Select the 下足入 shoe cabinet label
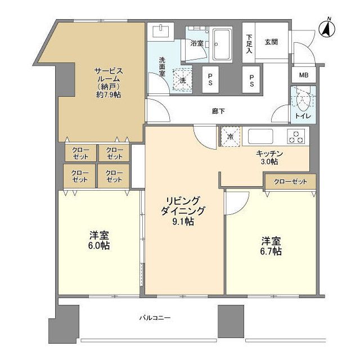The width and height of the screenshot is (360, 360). pyautogui.click(x=249, y=44)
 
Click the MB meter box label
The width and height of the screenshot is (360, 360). pyautogui.click(x=303, y=75)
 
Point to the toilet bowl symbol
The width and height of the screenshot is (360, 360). pyautogui.click(x=303, y=101)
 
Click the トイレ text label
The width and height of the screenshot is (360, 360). pyautogui.click(x=303, y=116)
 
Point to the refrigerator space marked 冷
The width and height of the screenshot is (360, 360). pyautogui.click(x=230, y=137)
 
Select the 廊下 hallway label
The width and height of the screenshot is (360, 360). pyautogui.click(x=218, y=111)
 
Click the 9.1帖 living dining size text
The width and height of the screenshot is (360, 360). pyautogui.click(x=184, y=221)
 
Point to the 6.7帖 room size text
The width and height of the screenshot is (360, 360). pyautogui.click(x=271, y=251)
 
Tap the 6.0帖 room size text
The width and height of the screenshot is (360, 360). pyautogui.click(x=99, y=246)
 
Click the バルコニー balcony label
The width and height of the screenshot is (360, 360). pyautogui.click(x=155, y=318)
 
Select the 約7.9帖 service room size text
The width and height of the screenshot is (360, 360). pyautogui.click(x=107, y=94)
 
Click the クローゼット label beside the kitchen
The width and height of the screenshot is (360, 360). pyautogui.click(x=290, y=181)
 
